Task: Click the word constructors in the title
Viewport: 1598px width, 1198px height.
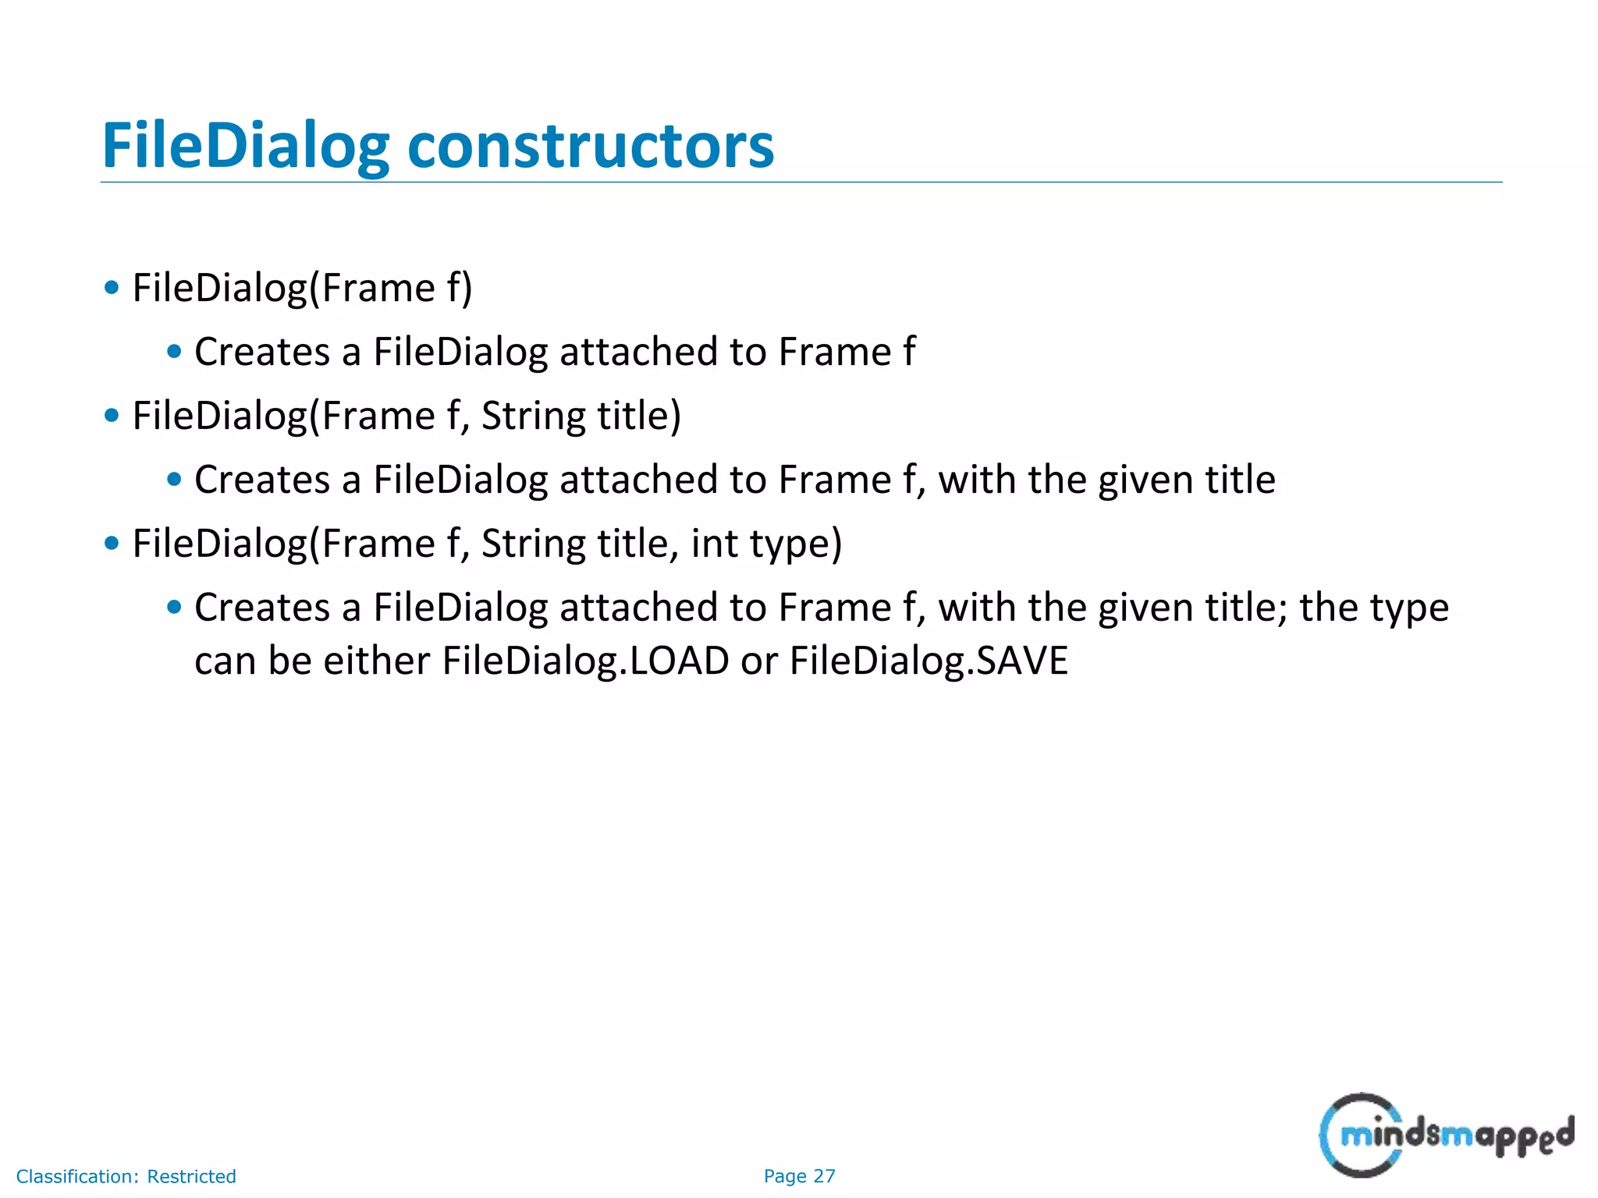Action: (x=591, y=146)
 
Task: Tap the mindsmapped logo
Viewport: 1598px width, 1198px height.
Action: (x=1446, y=1135)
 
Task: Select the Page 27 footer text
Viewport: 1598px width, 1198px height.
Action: (x=799, y=1176)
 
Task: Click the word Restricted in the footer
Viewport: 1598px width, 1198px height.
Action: (x=191, y=1176)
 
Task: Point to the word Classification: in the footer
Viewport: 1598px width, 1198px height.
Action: (x=77, y=1176)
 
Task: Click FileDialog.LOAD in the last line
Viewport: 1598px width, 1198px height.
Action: (x=585, y=661)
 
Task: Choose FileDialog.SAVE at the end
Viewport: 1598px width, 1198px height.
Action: (x=929, y=661)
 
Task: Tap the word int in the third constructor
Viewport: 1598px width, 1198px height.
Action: (x=714, y=544)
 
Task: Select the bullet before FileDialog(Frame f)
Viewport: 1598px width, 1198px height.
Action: (x=112, y=288)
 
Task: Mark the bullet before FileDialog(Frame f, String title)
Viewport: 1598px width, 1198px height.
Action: (x=112, y=416)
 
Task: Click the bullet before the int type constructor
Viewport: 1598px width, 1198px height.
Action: (x=112, y=544)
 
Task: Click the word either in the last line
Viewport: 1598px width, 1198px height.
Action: (x=376, y=661)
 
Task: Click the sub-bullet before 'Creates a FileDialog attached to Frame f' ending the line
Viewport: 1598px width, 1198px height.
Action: (x=174, y=352)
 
